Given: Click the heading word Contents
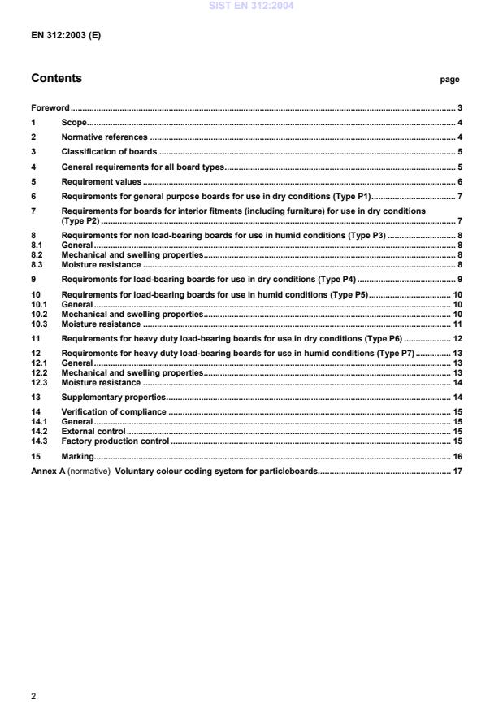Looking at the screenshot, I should point(56,79).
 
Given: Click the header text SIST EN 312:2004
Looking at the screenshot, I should point(251,6).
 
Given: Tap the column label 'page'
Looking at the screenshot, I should point(449,80).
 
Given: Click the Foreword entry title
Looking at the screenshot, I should point(50,107).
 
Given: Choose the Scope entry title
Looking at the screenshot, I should point(74,122).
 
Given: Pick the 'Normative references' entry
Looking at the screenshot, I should point(105,137).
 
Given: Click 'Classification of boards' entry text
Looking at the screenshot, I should point(109,152).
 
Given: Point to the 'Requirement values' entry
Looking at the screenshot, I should point(102,182).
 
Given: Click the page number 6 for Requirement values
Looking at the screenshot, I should point(459,182).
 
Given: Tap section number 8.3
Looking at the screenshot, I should point(37,263).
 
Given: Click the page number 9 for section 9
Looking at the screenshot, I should point(459,279).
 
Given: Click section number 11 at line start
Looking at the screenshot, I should point(36,338).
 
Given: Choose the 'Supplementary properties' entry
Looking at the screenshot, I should point(114,397).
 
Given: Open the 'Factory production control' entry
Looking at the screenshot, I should point(115,441).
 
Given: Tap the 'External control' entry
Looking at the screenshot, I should point(93,431).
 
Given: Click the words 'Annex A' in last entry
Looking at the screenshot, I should point(46,472).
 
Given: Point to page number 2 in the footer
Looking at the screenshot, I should point(33,696).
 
